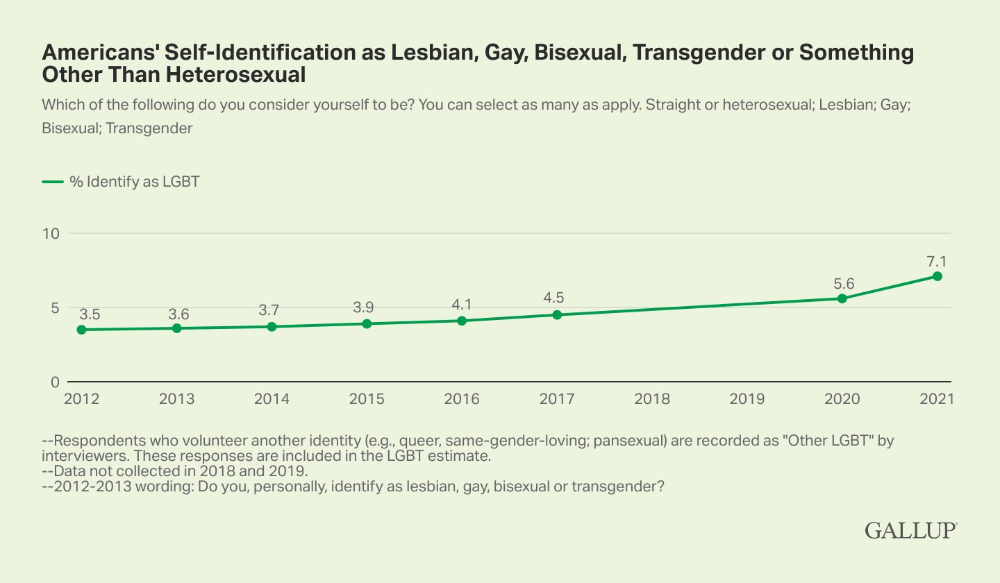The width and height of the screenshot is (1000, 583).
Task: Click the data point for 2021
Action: (937, 276)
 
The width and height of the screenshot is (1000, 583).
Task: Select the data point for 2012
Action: (82, 330)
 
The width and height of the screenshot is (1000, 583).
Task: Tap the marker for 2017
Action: (557, 315)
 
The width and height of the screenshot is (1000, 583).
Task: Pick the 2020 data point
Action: (842, 298)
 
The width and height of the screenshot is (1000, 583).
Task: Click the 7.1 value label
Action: (937, 262)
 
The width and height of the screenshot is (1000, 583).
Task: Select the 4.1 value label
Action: (462, 305)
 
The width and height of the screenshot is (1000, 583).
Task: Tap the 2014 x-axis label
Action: (272, 400)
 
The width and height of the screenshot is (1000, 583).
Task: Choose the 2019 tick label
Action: (747, 400)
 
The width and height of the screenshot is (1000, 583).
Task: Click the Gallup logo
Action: (911, 530)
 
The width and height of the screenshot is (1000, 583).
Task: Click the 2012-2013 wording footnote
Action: (353, 487)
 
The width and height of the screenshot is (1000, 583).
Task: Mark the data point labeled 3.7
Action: (272, 326)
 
